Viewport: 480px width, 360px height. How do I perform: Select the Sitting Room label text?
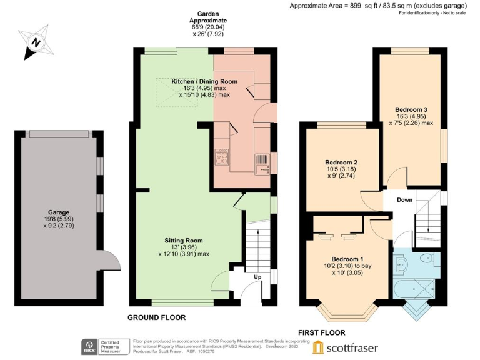(184, 240)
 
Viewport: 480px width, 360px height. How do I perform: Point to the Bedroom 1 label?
(347, 259)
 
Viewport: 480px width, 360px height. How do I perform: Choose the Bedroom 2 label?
(341, 162)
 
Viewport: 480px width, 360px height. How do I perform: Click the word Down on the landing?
(405, 200)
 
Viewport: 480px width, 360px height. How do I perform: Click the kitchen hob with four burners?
(222, 157)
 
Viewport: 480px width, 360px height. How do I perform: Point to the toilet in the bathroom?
(426, 258)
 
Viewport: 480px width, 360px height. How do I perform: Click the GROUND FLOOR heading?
(156, 317)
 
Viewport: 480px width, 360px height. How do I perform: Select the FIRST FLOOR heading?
(321, 332)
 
